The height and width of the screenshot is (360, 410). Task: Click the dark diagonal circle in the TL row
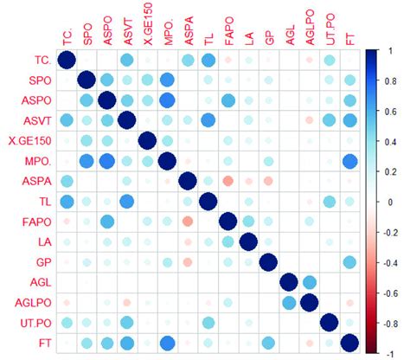(x=208, y=201)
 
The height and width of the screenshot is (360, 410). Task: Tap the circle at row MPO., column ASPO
(x=106, y=160)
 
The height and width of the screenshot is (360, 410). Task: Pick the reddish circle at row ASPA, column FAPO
(x=227, y=181)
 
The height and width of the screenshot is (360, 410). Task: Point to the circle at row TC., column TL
(x=208, y=60)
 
